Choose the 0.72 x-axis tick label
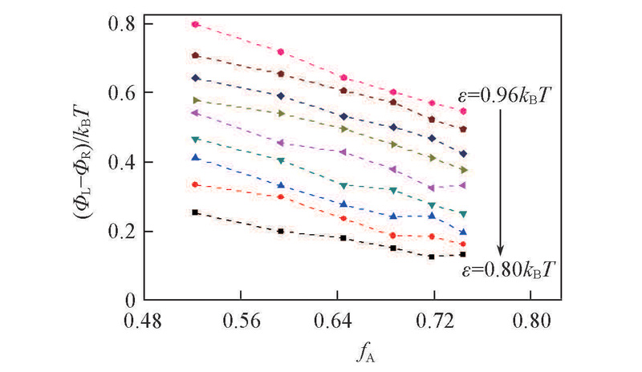[434, 322]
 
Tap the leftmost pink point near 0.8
[196, 24]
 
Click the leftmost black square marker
[196, 212]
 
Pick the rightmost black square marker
[463, 254]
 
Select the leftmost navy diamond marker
[196, 78]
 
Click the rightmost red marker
[463, 244]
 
